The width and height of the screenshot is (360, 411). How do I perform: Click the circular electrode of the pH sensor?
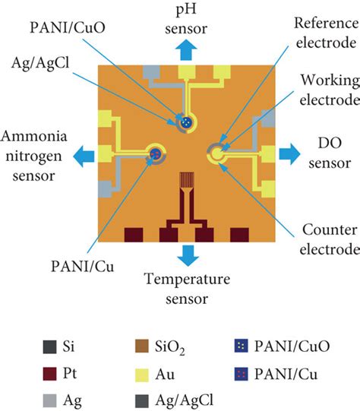pyautogui.click(x=185, y=122)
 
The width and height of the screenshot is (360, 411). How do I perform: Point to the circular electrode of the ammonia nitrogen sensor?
pyautogui.click(x=156, y=153)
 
